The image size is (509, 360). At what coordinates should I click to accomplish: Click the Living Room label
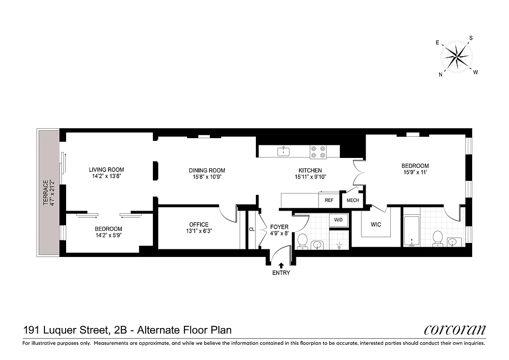tap(106, 170)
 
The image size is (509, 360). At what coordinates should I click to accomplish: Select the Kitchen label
tap(310, 170)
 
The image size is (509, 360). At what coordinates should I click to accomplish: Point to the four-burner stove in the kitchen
tap(318, 152)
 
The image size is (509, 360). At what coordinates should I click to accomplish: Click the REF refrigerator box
tap(329, 200)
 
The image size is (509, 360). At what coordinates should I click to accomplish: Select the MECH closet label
tap(353, 200)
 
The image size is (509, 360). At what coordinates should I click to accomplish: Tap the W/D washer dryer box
tap(339, 220)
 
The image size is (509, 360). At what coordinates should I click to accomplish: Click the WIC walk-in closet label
tap(375, 224)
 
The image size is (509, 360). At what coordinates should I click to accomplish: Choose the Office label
tap(198, 225)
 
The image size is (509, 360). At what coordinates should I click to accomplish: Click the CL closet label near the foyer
tap(252, 229)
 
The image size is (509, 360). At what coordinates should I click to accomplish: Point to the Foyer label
tap(279, 227)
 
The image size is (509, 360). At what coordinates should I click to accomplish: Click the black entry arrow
tap(281, 265)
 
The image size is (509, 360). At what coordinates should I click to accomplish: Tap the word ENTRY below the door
tap(281, 273)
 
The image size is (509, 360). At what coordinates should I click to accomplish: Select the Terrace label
tap(45, 193)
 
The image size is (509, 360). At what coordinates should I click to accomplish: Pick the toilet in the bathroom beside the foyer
tap(302, 240)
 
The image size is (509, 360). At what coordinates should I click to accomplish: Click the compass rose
tap(456, 57)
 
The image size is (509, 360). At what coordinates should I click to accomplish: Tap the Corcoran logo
tap(455, 330)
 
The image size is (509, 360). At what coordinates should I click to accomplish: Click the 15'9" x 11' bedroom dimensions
tap(415, 172)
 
